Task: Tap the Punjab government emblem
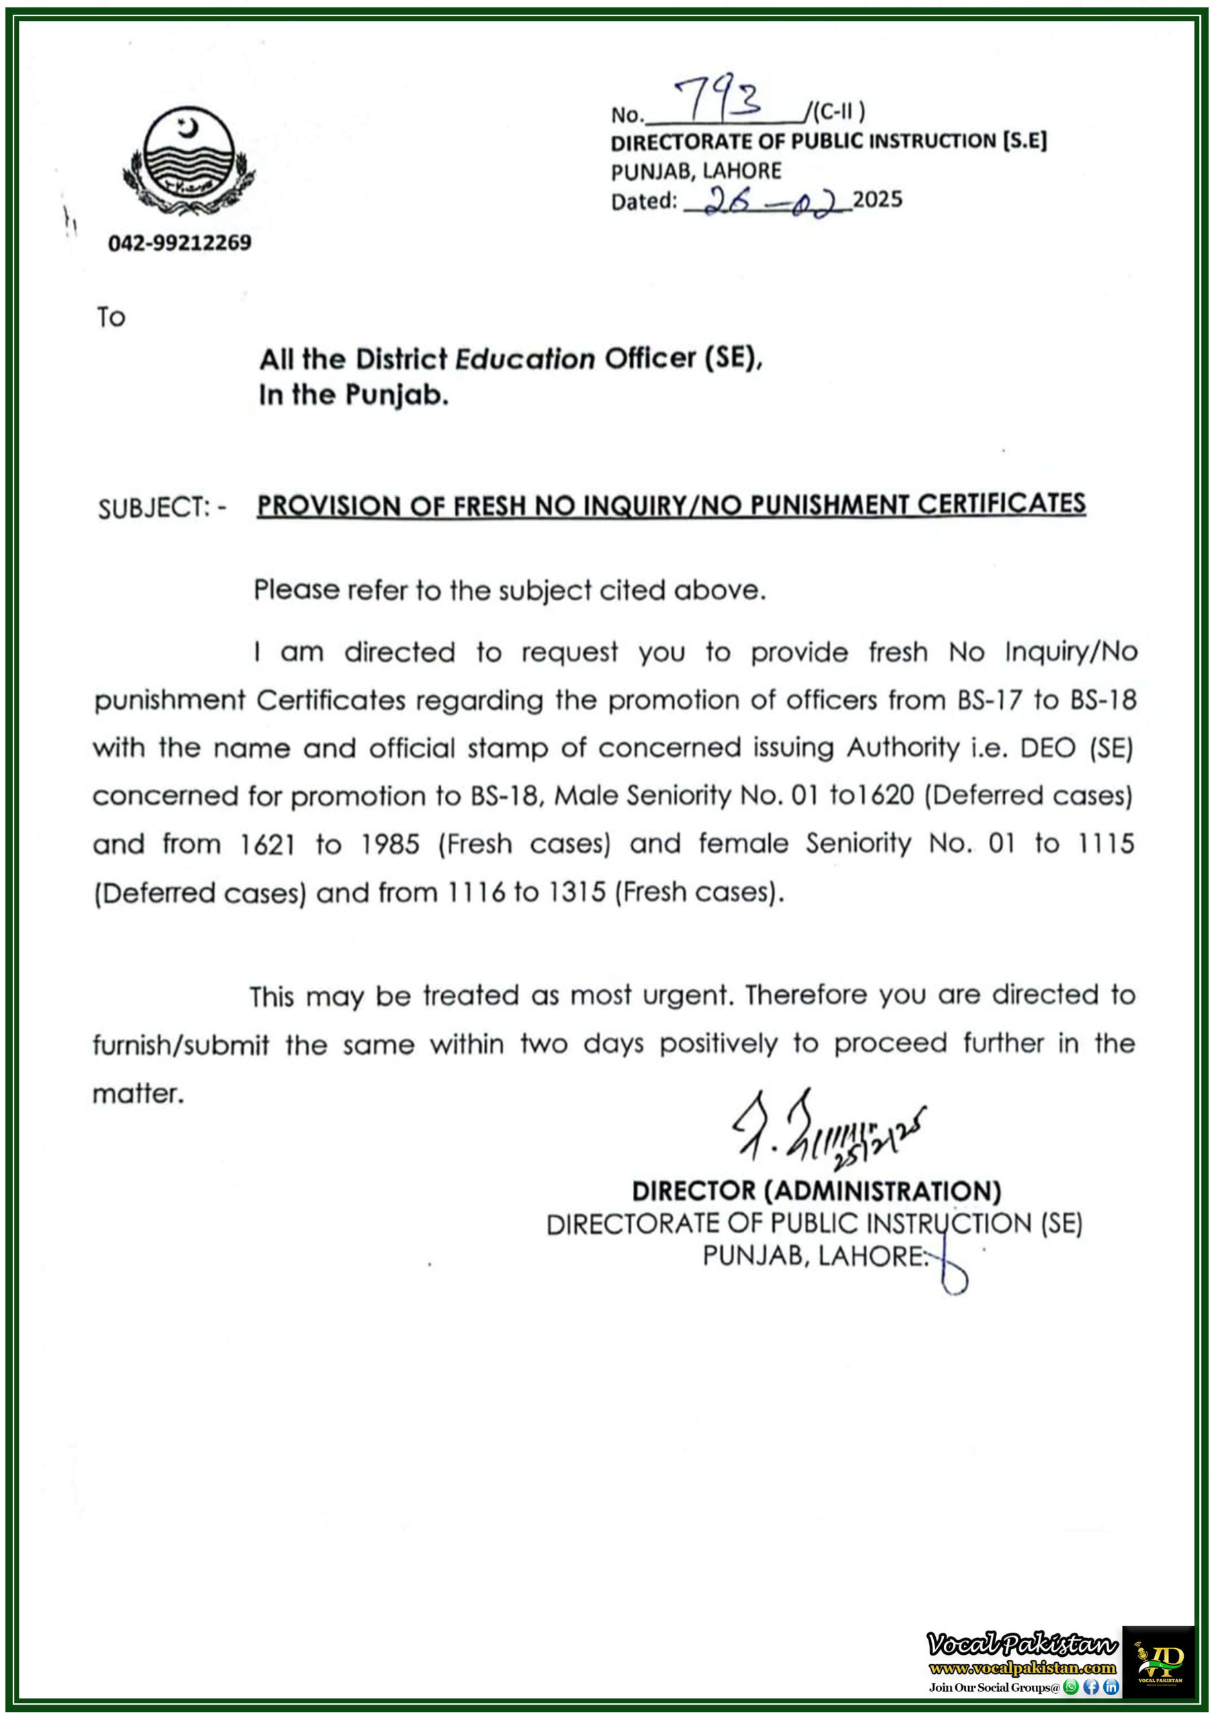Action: coord(188,159)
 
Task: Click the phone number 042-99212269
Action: coord(180,243)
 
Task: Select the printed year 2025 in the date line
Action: coord(877,200)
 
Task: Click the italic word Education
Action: coord(525,359)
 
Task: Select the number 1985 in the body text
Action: coord(390,845)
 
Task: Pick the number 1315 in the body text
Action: coord(576,892)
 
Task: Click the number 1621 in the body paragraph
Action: coord(267,845)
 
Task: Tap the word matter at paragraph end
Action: coord(138,1094)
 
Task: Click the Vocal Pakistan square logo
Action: coord(1158,1662)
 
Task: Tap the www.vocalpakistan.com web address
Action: coord(1022,1668)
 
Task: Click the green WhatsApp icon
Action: coord(1071,1687)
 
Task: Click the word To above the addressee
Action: coord(111,318)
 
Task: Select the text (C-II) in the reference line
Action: coord(838,112)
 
